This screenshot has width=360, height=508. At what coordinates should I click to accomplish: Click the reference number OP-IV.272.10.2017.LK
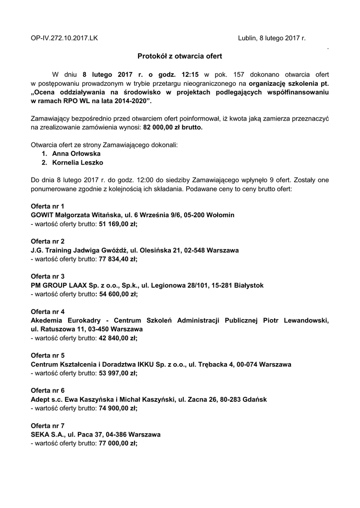click(x=65, y=37)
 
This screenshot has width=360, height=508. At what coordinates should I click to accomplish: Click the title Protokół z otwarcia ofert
click(x=180, y=57)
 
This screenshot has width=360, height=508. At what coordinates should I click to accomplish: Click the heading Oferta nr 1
click(x=48, y=206)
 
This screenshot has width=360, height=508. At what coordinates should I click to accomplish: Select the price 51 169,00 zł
click(x=118, y=224)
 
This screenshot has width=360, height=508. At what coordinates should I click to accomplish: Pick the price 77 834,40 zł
click(x=118, y=259)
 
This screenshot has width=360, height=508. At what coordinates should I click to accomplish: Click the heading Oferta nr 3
click(x=48, y=276)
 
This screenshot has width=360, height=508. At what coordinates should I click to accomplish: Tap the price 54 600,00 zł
click(x=118, y=294)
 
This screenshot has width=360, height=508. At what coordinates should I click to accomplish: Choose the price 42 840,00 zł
click(x=118, y=338)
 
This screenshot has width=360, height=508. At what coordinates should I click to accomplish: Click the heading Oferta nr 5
click(x=48, y=356)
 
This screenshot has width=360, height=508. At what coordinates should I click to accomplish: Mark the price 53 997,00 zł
click(x=118, y=373)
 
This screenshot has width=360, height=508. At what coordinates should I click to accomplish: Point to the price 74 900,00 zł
click(x=118, y=408)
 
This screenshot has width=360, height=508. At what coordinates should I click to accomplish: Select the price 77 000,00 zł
click(x=118, y=444)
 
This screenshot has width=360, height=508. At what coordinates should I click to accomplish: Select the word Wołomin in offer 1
click(x=218, y=215)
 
